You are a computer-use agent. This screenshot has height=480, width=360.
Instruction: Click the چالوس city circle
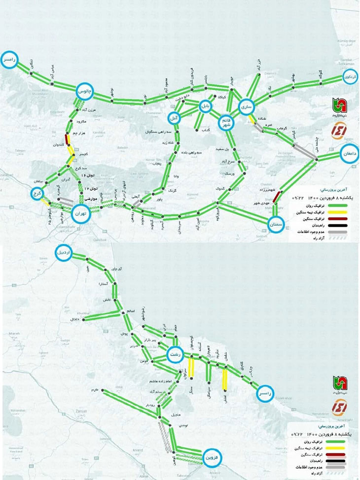(x=85, y=91)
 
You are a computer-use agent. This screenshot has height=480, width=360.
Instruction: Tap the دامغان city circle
(x=351, y=154)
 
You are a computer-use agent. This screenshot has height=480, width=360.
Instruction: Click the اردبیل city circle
(x=65, y=252)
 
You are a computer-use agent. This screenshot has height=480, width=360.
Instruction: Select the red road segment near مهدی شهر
(x=279, y=197)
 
